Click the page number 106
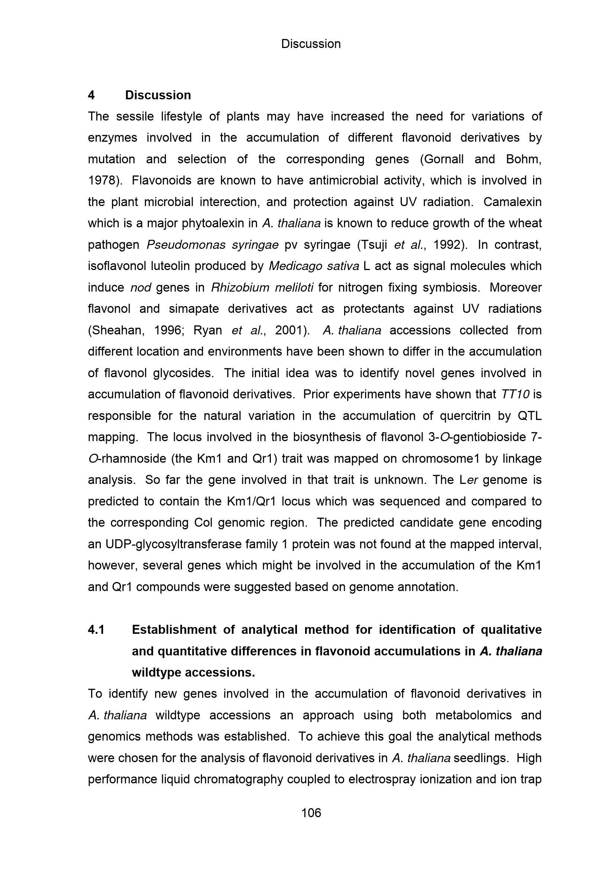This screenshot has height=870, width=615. (x=311, y=813)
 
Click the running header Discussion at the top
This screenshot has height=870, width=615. (x=311, y=44)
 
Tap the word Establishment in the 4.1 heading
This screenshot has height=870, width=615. (x=172, y=630)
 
